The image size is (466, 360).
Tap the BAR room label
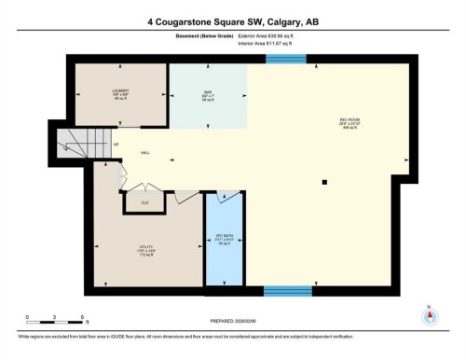tap(207, 90)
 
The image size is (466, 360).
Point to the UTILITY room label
tap(144, 247)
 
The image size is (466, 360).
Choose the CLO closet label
tap(144, 202)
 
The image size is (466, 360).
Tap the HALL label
tap(145, 153)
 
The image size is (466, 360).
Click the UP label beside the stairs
tap(116, 145)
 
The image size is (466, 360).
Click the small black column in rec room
tap(323, 182)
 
